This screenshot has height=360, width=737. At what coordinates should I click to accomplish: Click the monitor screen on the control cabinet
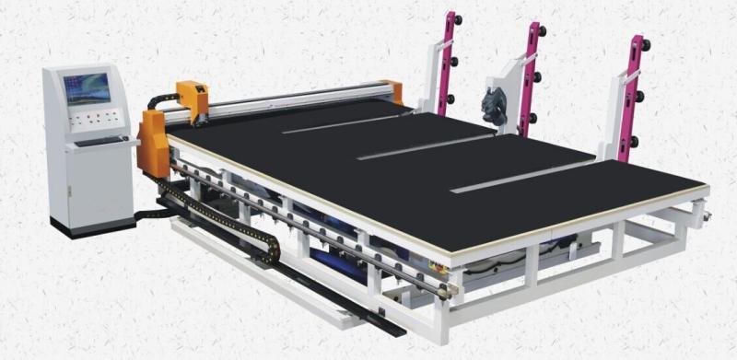[x=88, y=88]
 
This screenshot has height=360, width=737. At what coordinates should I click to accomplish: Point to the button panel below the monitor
[x=95, y=120]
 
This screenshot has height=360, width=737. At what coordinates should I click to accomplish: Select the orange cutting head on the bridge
[x=193, y=99]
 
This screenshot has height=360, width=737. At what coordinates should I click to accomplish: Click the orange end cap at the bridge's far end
[x=395, y=92]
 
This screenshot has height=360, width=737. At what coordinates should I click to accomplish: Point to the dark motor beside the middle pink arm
[x=493, y=106]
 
